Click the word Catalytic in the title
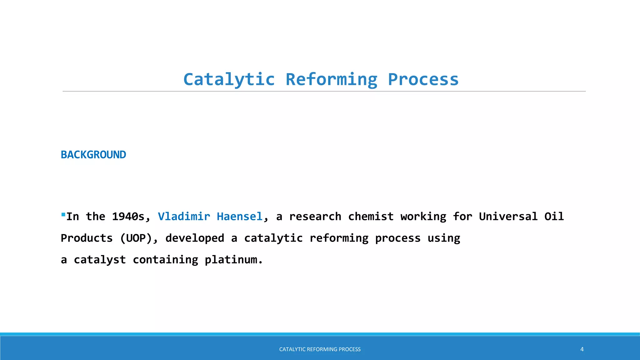[229, 79]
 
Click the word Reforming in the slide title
[331, 79]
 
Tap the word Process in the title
[423, 79]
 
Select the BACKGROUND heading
[93, 155]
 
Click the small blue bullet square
[63, 215]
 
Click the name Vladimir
[184, 217]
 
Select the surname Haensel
[239, 217]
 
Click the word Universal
[508, 217]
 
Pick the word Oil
[554, 217]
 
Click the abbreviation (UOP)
[139, 238]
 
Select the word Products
[87, 238]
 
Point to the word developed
[194, 238]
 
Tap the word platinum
[233, 260]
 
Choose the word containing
[165, 260]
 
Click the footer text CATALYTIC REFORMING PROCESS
[320, 349]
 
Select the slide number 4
[582, 349]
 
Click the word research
[315, 217]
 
